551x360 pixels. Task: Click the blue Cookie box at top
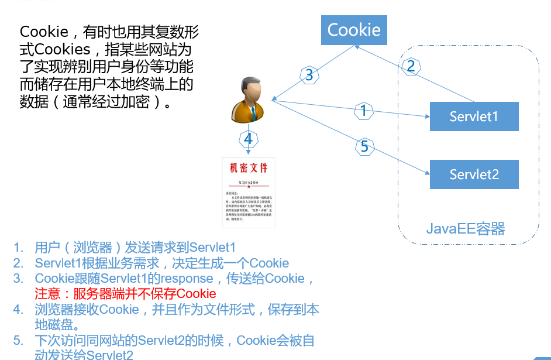[x=354, y=30]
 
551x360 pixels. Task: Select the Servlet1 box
[x=474, y=116]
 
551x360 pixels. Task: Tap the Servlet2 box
[x=474, y=174]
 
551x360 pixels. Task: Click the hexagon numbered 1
[x=364, y=111]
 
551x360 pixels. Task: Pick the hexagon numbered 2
[x=411, y=66]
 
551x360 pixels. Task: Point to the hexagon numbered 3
[x=309, y=75]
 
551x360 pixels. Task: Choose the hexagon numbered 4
[x=248, y=139]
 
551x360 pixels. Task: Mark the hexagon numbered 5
[x=364, y=146]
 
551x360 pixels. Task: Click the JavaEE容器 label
[x=466, y=228]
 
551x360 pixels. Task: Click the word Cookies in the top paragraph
[x=63, y=49]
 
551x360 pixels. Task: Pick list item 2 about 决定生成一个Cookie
[x=161, y=263]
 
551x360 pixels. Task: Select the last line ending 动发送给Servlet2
[x=84, y=355]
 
